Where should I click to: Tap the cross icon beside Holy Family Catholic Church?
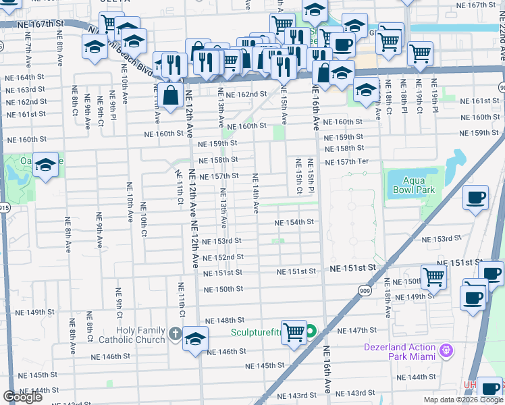click(174, 333)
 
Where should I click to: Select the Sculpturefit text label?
click(266, 331)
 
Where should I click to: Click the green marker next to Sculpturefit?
click(311, 331)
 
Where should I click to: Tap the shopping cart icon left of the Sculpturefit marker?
click(294, 331)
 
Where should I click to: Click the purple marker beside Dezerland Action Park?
click(445, 350)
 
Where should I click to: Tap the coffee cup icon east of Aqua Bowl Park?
click(475, 197)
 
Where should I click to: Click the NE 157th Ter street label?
click(346, 162)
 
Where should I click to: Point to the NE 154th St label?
click(294, 222)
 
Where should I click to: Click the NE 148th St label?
click(224, 321)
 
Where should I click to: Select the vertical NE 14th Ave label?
click(256, 193)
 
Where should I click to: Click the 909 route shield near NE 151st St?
click(363, 289)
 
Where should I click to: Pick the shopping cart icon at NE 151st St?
click(433, 275)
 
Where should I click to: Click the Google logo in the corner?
click(23, 397)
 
